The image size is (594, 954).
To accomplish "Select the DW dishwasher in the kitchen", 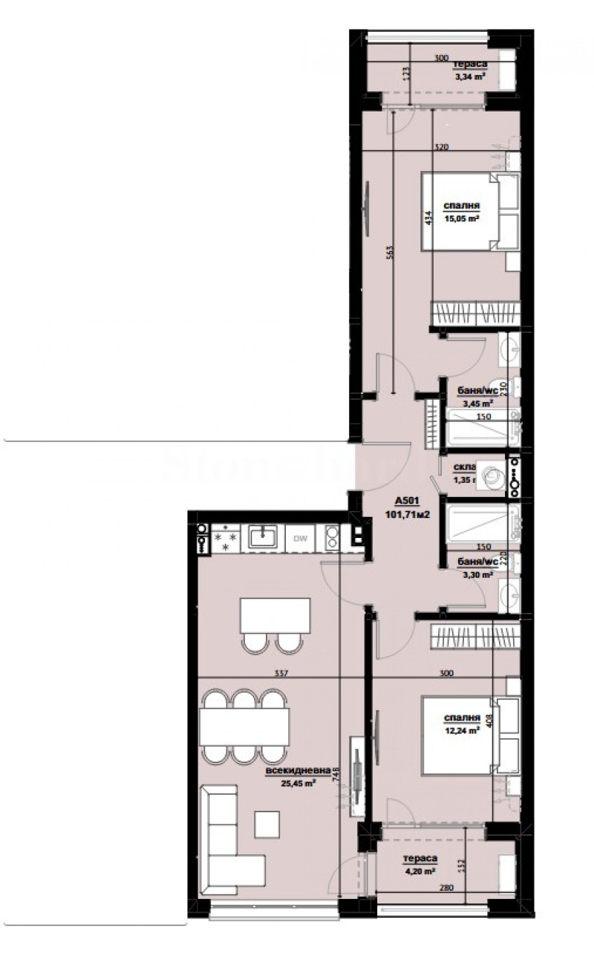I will pyautogui.click(x=301, y=538).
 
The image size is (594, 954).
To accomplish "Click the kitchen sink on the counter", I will pyautogui.click(x=262, y=536).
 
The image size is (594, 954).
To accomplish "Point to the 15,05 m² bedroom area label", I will pyautogui.click(x=462, y=218).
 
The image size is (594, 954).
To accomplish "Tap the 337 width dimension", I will pyautogui.click(x=281, y=674).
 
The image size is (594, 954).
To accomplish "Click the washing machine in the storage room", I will pyautogui.click(x=489, y=476).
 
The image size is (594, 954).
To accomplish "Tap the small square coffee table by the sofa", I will pyautogui.click(x=267, y=823).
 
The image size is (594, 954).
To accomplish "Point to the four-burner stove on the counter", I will pyautogui.click(x=225, y=537).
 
